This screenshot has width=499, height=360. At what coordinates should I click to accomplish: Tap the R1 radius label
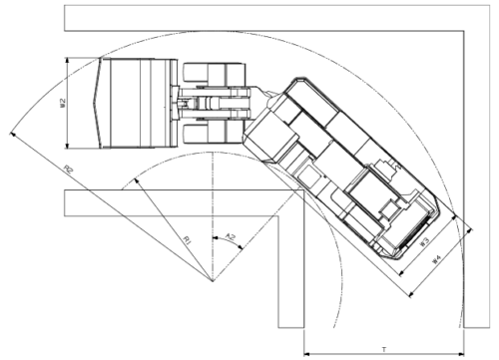pos(186,238)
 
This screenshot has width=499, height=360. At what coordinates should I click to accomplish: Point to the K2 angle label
pos(231,237)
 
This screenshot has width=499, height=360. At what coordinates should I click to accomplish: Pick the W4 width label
pos(435,259)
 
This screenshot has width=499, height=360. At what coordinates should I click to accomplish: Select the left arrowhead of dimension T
pos(305,351)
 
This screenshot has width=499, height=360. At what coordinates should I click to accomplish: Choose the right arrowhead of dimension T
pos(461,351)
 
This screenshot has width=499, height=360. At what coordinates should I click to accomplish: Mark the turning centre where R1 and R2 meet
pos(212,283)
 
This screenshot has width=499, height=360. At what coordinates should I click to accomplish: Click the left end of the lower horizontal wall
pos(63,202)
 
